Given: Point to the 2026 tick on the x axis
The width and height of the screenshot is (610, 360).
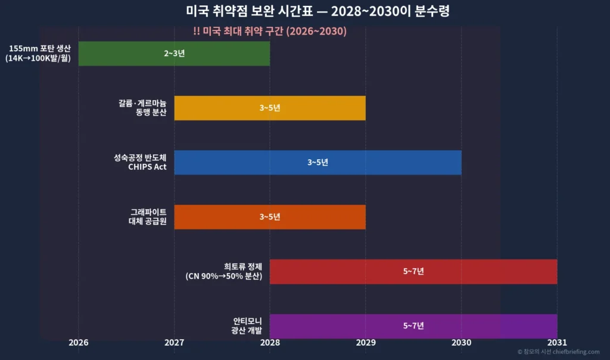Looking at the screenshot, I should [x=79, y=343].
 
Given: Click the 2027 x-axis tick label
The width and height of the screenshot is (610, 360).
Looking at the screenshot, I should [x=174, y=343].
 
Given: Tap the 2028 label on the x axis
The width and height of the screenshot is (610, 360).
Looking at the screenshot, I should [x=270, y=343].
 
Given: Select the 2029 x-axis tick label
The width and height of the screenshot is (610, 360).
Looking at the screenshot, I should [x=366, y=343].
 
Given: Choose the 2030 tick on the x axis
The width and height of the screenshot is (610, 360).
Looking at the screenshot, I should [x=461, y=343].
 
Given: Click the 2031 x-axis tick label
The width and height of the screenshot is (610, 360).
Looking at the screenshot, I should [x=557, y=343].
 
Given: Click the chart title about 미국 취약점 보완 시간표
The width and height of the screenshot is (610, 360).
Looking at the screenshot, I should [x=305, y=11].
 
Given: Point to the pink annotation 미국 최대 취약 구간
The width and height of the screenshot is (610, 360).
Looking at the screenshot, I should [x=270, y=32].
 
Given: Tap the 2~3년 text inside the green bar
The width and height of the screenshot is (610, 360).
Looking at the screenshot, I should [x=174, y=54].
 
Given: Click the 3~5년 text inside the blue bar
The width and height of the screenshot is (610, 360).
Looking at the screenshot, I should [x=318, y=162].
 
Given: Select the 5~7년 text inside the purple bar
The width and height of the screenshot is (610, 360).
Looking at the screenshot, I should [x=413, y=325].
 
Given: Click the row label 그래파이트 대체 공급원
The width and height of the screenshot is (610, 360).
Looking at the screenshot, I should [x=148, y=217].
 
